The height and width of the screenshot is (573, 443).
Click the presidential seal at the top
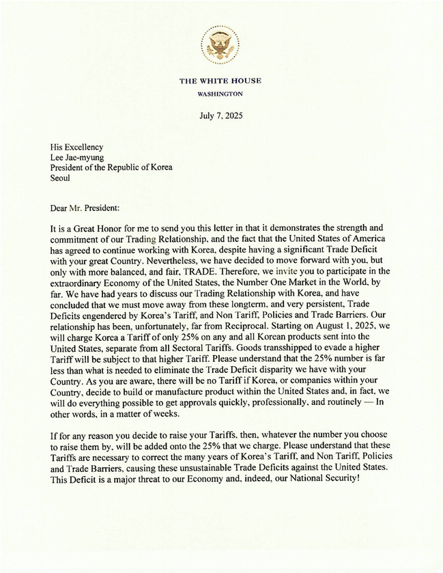coord(220,45)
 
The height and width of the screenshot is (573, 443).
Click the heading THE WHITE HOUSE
coord(220,81)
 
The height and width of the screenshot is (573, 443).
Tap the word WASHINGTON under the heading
coord(220,93)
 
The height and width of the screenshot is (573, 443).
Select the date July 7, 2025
coord(220,116)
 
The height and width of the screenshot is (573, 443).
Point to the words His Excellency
coord(76,147)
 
